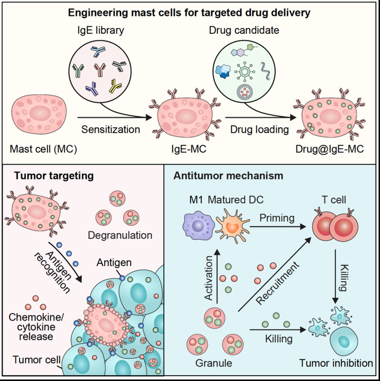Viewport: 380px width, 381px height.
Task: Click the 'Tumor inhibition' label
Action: [336, 363]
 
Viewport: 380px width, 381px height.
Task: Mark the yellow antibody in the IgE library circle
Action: [115, 86]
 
